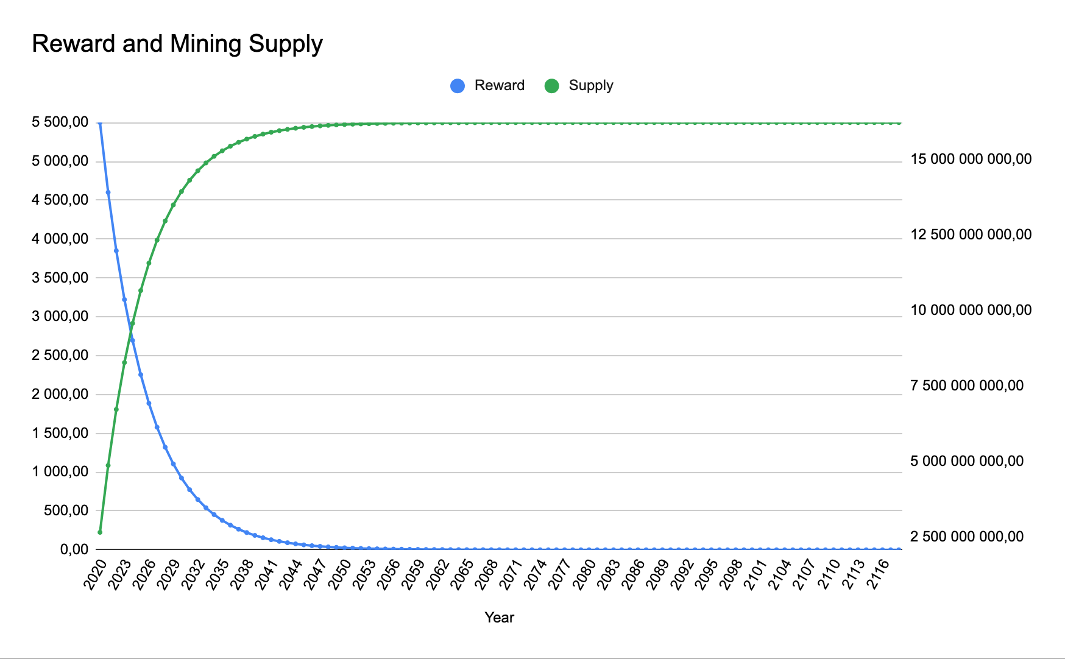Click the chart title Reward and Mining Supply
[177, 44]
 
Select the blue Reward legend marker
[458, 86]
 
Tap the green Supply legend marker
[551, 86]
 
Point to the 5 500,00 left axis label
[60, 122]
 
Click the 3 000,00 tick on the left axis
[60, 316]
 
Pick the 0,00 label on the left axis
[74, 549]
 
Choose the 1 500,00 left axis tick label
[60, 433]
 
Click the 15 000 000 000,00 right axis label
[971, 160]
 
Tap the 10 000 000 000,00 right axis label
[971, 311]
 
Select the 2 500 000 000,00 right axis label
[967, 537]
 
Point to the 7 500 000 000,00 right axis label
[967, 386]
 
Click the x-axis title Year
[500, 618]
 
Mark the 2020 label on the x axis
[95, 574]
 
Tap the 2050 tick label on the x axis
[339, 574]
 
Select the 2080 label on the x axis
[584, 574]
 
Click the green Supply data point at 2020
[100, 532]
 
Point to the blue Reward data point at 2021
[108, 192]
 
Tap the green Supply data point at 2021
[108, 465]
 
